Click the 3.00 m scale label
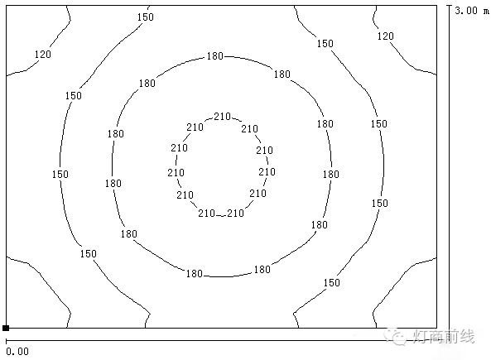pos(472,11)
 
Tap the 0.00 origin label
pos(17,352)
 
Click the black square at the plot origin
pos(6,328)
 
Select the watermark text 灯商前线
pos(444,337)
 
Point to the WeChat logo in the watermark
pos(396,336)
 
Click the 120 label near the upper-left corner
pos(42,55)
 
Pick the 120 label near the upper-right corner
pos(385,36)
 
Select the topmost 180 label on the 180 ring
pos(214,56)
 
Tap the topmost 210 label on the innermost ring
pos(223,117)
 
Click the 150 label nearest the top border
pos(146,17)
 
